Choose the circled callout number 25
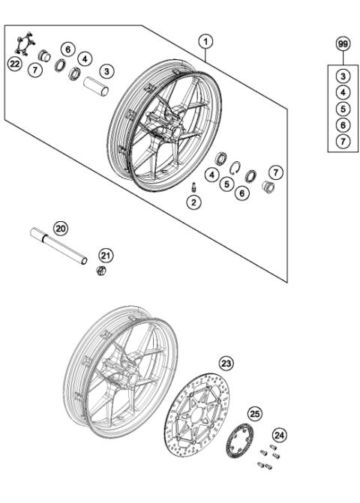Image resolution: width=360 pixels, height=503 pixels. (x=254, y=414)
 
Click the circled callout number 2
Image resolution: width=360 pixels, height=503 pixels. (x=194, y=203)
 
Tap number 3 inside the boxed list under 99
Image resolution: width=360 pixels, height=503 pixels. (x=341, y=76)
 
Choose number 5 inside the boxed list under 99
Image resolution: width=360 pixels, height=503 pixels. (x=341, y=107)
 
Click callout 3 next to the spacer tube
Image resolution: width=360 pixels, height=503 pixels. (x=108, y=71)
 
